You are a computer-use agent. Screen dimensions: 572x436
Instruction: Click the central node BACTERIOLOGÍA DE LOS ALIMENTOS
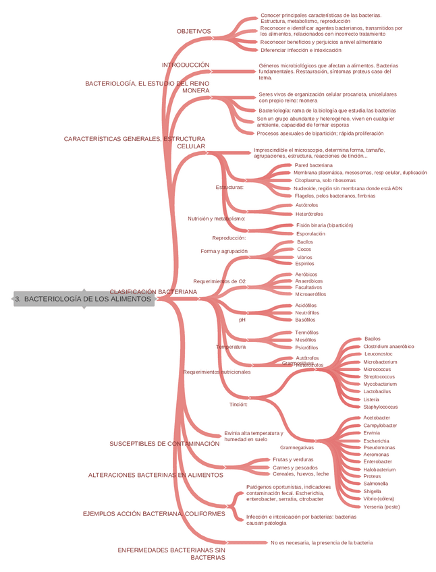84,299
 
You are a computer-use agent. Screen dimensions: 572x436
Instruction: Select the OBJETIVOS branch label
194,32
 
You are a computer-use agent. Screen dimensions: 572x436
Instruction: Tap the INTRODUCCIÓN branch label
186,65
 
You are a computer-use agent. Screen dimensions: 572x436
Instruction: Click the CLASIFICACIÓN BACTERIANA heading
153,291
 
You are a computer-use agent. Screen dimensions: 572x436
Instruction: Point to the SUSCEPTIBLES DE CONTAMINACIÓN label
165,444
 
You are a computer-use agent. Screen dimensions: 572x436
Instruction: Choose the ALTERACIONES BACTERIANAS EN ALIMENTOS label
155,475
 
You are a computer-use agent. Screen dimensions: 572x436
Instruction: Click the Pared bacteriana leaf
313,165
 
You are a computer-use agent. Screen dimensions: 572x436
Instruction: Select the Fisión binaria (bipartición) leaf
325,225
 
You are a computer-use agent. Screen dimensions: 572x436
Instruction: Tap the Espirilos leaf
304,264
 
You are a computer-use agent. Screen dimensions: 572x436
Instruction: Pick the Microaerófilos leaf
310,294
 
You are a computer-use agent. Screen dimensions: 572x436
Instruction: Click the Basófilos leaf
305,320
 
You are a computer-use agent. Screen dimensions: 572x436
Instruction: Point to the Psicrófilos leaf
306,348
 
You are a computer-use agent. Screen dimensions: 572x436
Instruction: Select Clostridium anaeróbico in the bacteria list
389,347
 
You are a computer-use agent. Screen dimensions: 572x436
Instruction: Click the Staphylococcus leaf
381,407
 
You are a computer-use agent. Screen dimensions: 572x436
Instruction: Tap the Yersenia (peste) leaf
381,507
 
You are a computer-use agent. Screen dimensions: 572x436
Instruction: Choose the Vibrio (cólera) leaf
379,499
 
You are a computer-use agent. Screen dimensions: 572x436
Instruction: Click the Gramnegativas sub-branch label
296,448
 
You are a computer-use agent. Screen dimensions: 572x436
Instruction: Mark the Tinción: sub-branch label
238,405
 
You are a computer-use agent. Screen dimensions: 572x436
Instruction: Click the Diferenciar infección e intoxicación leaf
300,50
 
